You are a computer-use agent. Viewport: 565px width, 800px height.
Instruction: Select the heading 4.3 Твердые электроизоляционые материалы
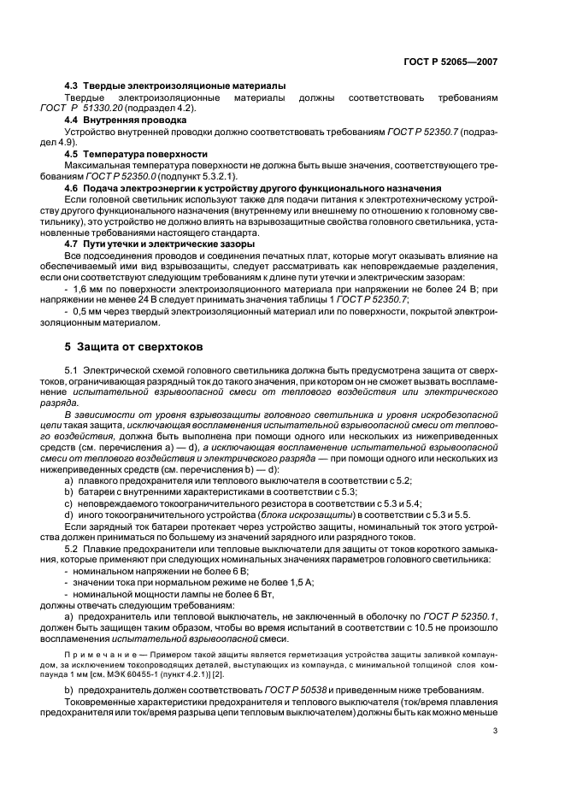tap(175, 87)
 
